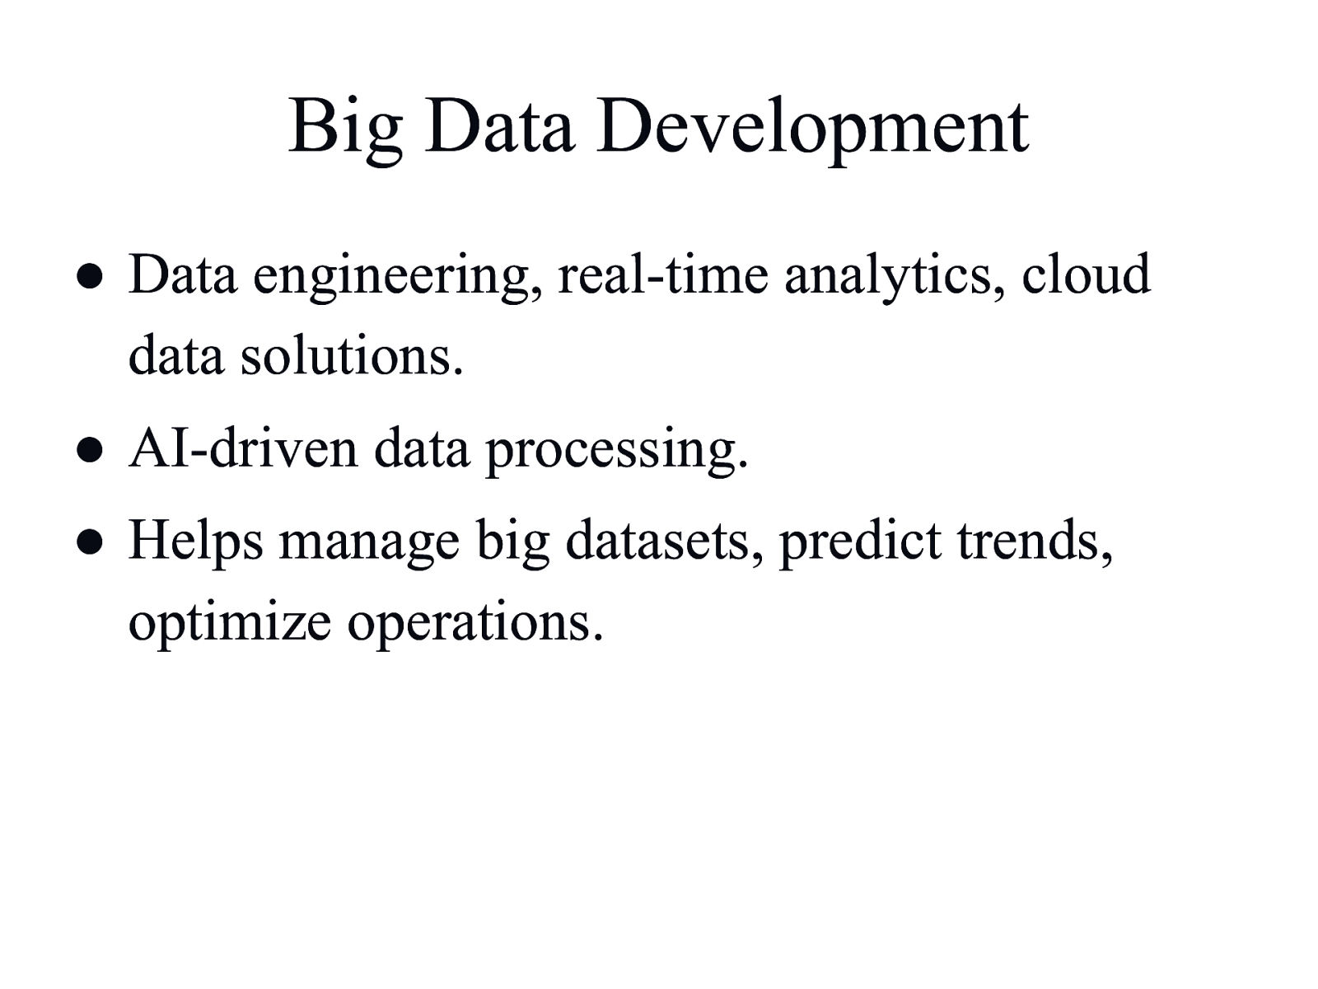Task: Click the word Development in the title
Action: [812, 129]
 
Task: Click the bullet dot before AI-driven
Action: [90, 450]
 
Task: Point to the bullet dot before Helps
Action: [90, 541]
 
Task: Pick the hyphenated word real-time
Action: [663, 274]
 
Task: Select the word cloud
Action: [1086, 274]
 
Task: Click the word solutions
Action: [352, 356]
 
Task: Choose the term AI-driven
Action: [243, 448]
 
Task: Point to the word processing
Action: [617, 452]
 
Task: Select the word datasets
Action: [664, 539]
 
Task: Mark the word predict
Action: [861, 542]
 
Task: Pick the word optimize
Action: [230, 624]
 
